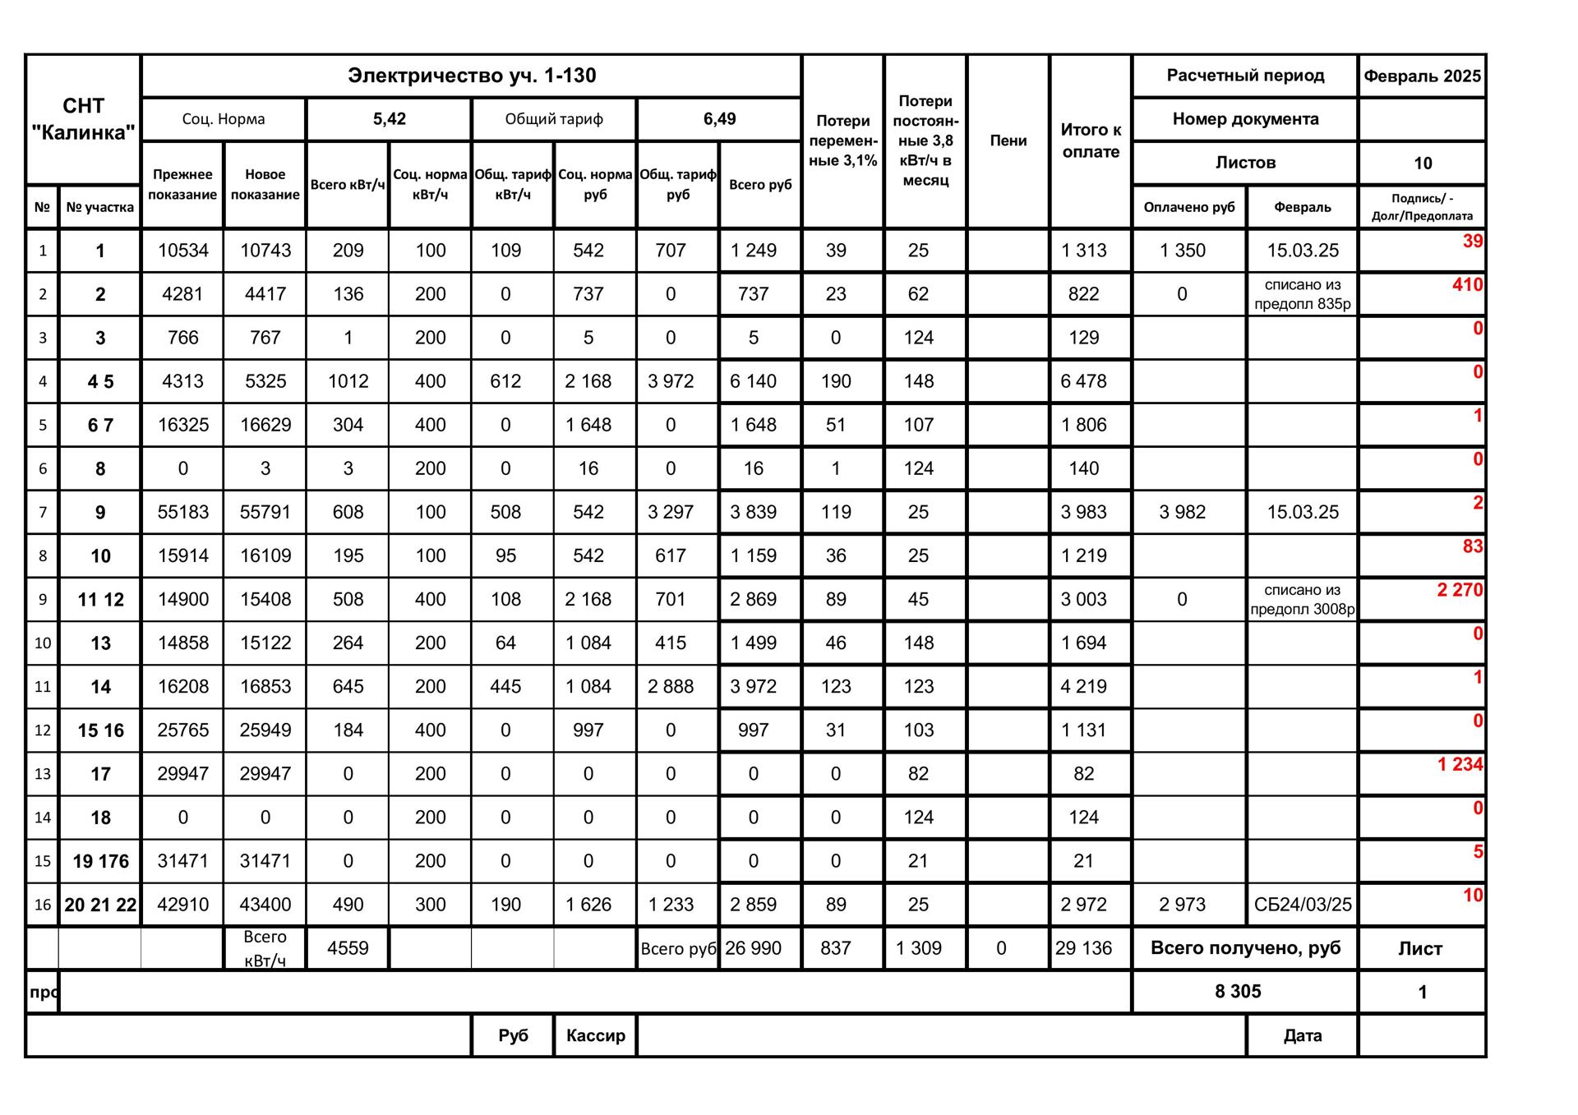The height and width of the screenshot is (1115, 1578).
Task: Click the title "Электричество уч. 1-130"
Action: [x=471, y=76]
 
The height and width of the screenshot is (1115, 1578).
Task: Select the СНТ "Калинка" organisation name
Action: [x=83, y=119]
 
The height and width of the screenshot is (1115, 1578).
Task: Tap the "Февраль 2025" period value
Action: [x=1422, y=76]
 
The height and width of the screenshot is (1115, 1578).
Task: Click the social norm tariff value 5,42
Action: [x=389, y=119]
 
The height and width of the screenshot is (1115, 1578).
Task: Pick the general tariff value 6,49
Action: [x=719, y=119]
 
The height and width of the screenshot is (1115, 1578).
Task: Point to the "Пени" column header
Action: [x=1008, y=141]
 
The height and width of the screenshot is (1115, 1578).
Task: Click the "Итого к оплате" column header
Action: [x=1091, y=141]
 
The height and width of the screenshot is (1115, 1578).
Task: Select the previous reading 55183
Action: [x=182, y=512]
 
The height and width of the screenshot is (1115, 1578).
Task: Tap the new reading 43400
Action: [x=265, y=905]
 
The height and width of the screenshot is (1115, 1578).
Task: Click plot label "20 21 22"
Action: [x=100, y=905]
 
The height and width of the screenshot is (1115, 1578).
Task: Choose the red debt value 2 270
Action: [x=1460, y=590]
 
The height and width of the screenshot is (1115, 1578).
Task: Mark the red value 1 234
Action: [x=1460, y=764]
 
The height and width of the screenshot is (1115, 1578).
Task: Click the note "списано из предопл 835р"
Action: [x=1302, y=294]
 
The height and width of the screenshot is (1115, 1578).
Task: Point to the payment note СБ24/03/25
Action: [x=1302, y=905]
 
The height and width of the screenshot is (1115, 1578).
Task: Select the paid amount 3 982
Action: [x=1182, y=512]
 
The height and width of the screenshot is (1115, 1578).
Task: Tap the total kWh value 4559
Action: [x=348, y=948]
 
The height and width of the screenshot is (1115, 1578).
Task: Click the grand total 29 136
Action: [x=1083, y=948]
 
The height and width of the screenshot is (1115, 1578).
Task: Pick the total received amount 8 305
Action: [x=1238, y=992]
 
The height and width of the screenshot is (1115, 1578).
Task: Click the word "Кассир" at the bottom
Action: [x=595, y=1035]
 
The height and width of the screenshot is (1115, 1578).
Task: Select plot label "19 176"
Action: [x=100, y=861]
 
